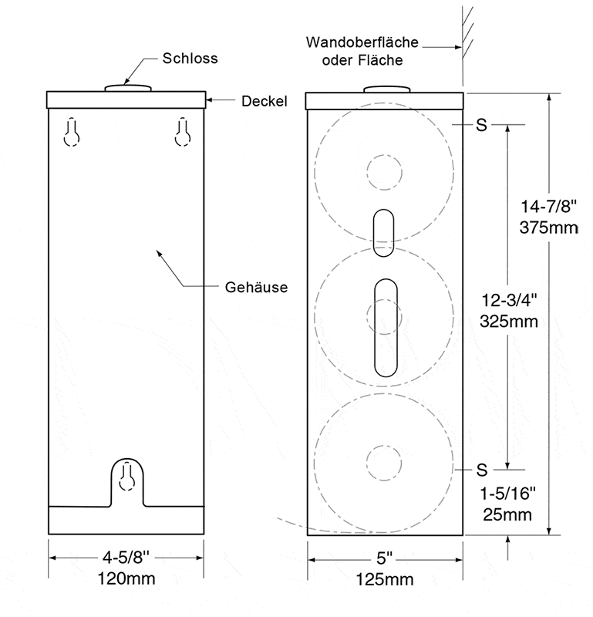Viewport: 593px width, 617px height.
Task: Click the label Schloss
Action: (x=190, y=59)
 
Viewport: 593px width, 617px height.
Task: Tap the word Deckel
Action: (x=264, y=101)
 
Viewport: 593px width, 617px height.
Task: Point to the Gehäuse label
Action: (x=256, y=287)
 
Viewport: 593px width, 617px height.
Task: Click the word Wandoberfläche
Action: (x=362, y=42)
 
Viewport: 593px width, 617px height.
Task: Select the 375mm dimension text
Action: (x=549, y=228)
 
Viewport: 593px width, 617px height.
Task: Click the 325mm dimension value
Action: (x=509, y=322)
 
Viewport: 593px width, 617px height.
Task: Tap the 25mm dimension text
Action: (x=507, y=514)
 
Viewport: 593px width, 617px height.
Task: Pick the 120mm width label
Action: (x=126, y=579)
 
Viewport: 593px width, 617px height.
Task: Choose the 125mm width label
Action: (x=385, y=580)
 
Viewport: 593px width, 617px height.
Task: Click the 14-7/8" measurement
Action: (x=549, y=206)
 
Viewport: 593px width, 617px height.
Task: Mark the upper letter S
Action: (x=482, y=125)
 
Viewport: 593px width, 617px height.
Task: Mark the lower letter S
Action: (x=482, y=470)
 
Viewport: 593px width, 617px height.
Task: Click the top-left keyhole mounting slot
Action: (x=72, y=132)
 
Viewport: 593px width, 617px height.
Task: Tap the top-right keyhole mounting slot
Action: (x=183, y=132)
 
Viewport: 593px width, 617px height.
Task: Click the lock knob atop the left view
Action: (x=128, y=88)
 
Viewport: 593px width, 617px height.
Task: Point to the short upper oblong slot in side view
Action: (x=383, y=233)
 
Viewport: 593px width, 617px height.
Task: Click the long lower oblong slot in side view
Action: (x=386, y=328)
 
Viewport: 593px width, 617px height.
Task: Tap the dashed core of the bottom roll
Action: (x=384, y=463)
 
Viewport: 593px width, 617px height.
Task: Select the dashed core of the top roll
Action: (x=385, y=172)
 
